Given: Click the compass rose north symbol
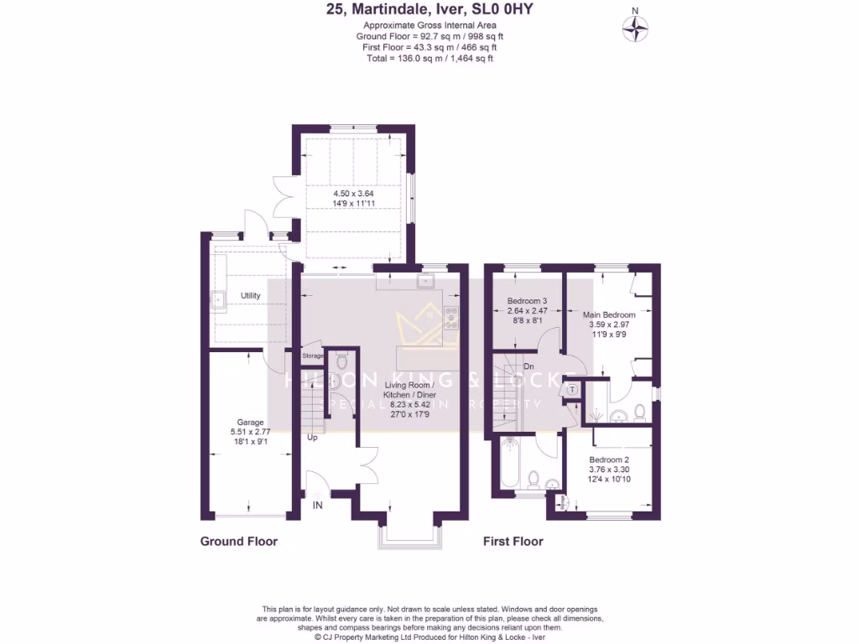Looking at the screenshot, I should click(636, 28).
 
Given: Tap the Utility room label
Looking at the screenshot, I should click(250, 296).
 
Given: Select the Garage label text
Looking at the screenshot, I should click(250, 422).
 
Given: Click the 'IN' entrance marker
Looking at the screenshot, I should click(318, 505).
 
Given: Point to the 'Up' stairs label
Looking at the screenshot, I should click(313, 438).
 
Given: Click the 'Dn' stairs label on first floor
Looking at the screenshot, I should click(528, 366).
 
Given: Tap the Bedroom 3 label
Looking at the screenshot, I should click(528, 301).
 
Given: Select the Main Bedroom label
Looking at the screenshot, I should click(609, 314).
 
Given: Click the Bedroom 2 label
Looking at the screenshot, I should click(609, 460).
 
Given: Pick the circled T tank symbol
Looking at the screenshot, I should click(573, 389).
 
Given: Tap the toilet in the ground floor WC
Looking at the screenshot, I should click(340, 362).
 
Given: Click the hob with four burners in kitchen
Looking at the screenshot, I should click(451, 317).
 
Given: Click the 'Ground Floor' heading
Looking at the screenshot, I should click(238, 542).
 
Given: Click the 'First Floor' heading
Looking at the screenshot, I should click(513, 542).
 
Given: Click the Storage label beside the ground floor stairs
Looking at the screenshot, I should click(312, 356).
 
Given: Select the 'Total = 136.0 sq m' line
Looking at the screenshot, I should click(429, 58).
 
